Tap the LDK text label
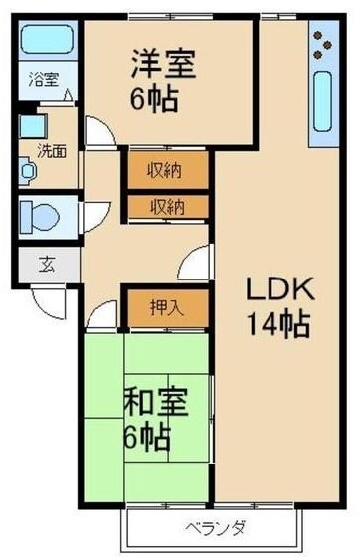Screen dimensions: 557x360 [279, 290]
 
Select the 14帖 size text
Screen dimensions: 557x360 [279, 323]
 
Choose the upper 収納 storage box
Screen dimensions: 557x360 [167, 169]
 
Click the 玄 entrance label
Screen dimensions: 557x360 [47, 265]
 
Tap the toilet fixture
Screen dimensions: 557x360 [40, 214]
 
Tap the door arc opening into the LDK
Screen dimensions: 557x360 [195, 267]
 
